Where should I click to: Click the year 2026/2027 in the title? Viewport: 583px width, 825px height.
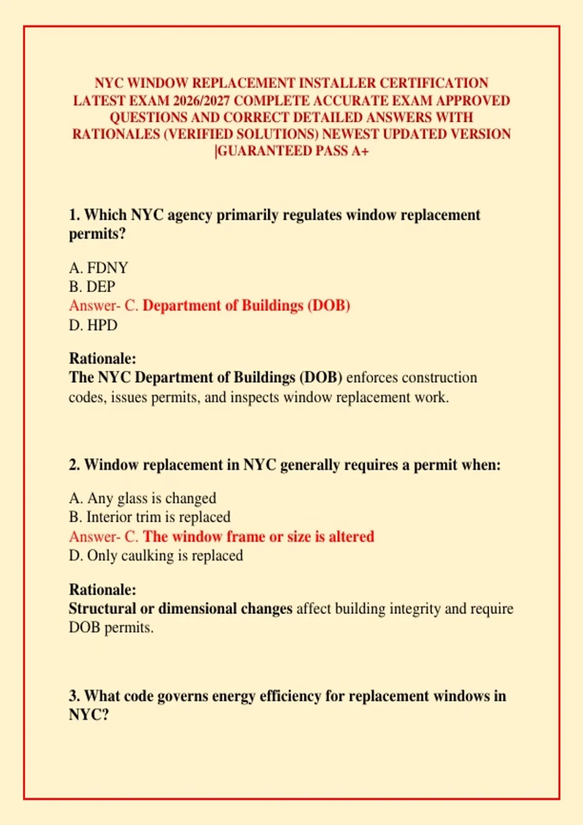(x=201, y=100)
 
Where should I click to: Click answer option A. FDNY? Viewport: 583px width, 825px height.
(x=99, y=268)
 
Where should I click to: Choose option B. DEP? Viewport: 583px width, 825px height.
(x=92, y=287)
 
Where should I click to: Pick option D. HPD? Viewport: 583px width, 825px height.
(x=93, y=325)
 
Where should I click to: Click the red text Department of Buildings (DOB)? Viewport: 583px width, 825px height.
(x=246, y=306)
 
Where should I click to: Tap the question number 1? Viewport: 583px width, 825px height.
(x=74, y=215)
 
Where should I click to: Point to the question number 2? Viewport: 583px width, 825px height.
(x=74, y=465)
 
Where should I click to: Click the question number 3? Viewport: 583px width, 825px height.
(x=74, y=696)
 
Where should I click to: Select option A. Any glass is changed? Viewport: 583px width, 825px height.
(x=142, y=498)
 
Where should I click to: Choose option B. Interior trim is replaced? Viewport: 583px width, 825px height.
(x=150, y=517)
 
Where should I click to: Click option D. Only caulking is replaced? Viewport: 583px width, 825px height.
(x=156, y=556)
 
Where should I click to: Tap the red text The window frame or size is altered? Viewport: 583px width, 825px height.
(x=258, y=537)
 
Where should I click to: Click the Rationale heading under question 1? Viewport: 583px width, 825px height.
(x=103, y=359)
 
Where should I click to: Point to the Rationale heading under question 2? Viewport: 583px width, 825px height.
(x=103, y=590)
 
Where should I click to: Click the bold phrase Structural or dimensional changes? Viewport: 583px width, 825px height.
(x=180, y=609)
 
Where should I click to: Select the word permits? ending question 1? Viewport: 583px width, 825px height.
(x=97, y=234)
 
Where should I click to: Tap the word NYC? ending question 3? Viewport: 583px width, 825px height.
(x=89, y=715)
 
